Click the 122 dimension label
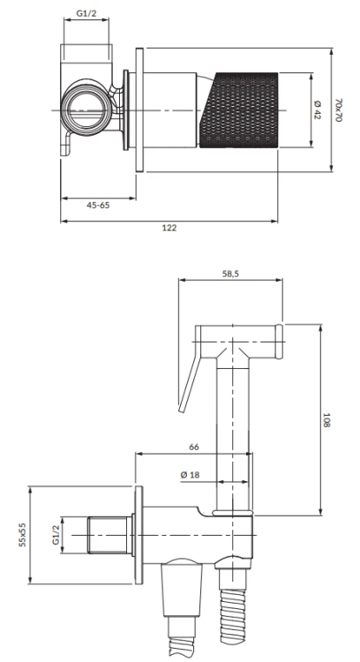pyautogui.click(x=169, y=228)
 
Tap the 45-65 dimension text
pyautogui.click(x=98, y=205)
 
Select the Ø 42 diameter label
pyautogui.click(x=318, y=109)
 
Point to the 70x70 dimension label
pyautogui.click(x=338, y=110)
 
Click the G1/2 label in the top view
pyautogui.click(x=86, y=13)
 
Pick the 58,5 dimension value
pyautogui.click(x=230, y=274)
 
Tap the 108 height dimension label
pyautogui.click(x=326, y=420)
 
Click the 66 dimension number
pyautogui.click(x=194, y=448)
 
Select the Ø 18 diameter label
pyautogui.click(x=190, y=475)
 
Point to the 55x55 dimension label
pyautogui.click(x=22, y=535)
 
